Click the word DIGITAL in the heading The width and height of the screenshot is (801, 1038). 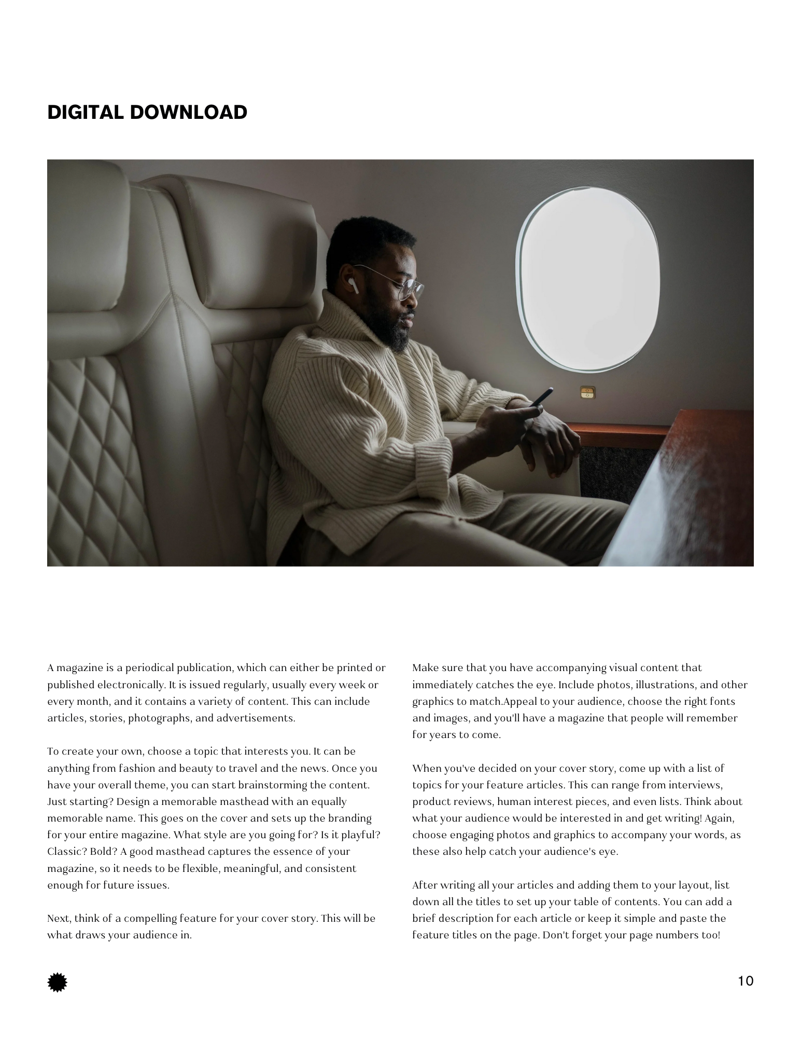point(85,112)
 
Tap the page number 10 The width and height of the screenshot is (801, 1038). point(746,981)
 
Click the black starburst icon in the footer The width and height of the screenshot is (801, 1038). point(58,982)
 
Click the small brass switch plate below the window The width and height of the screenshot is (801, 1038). point(587,392)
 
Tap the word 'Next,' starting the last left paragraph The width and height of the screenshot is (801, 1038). point(59,918)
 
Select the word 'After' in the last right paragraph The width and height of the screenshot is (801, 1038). point(424,885)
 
